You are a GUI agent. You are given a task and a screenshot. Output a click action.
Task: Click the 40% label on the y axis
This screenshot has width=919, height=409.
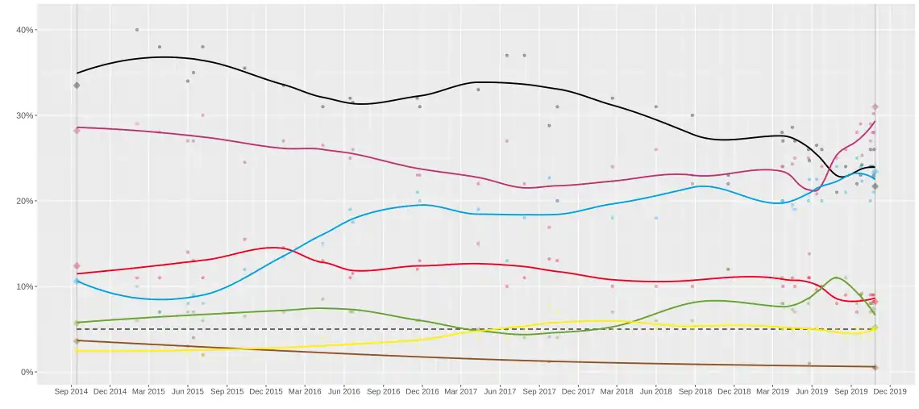pos(24,30)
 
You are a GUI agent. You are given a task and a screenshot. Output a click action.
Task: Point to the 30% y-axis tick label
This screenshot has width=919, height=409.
pos(24,115)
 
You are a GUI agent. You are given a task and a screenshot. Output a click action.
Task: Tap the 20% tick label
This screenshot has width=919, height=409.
pos(24,201)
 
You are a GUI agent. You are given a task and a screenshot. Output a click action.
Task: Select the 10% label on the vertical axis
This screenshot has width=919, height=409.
pos(24,286)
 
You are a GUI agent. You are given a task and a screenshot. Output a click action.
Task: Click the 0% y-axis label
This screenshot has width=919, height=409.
pos(27,372)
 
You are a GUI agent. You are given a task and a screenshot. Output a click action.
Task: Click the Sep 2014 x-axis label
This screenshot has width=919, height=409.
pos(72,391)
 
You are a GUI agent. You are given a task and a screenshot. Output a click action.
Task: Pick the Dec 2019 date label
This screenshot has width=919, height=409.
pos(889,391)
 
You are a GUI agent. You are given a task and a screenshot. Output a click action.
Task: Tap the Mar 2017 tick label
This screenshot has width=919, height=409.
pos(461,391)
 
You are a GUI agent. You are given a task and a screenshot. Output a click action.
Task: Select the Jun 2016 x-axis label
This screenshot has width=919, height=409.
pos(344,391)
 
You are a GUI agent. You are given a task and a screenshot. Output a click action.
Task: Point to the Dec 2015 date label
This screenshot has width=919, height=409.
pos(266,391)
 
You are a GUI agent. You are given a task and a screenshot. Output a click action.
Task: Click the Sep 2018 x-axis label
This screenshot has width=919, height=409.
pos(695,391)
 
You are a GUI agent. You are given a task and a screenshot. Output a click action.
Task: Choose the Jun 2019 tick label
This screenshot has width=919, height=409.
pos(811,391)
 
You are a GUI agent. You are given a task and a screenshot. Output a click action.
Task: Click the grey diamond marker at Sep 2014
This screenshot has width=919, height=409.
pos(77,85)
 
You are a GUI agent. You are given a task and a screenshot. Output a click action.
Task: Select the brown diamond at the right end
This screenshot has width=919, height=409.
pos(875,367)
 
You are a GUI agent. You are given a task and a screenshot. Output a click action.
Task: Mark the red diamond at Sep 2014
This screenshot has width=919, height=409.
pos(77,265)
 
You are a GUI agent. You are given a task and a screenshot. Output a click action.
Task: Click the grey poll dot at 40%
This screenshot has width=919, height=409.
pos(137,30)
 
